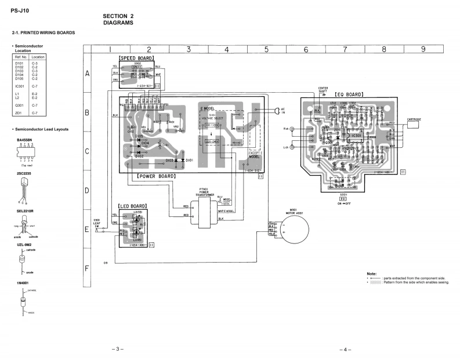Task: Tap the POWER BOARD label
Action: coord(157,175)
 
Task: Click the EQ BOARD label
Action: coord(347,94)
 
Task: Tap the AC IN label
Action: coord(283,110)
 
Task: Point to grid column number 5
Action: coord(266,50)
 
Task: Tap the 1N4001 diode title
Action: coord(23,282)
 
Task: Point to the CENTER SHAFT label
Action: coord(323,90)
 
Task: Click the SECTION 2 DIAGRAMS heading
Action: coord(118,19)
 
